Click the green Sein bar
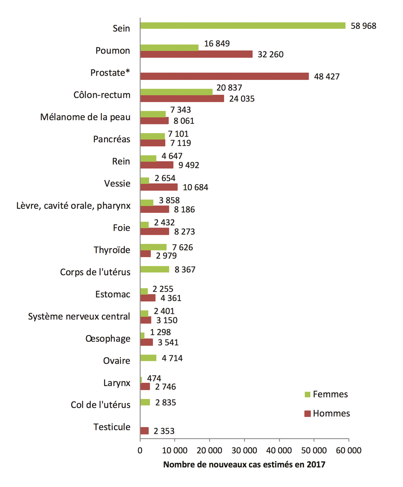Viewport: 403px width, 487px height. (x=243, y=25)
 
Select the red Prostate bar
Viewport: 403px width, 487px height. (x=225, y=76)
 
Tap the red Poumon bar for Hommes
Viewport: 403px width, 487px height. (x=196, y=54)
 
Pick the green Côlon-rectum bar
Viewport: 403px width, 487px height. (x=176, y=92)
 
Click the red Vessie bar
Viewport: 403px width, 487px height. (x=159, y=187)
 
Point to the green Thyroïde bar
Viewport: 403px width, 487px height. (x=153, y=247)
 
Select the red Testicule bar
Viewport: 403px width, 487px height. (x=145, y=431)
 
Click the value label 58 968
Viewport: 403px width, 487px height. (x=363, y=26)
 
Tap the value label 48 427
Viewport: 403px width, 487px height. (x=327, y=76)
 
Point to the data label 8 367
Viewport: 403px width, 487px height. (x=185, y=270)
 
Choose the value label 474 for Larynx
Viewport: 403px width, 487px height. (x=154, y=379)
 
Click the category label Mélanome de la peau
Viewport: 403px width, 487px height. (x=85, y=117)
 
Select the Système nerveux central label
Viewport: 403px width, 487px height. (x=79, y=317)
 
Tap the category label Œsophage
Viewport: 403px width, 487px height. (x=108, y=339)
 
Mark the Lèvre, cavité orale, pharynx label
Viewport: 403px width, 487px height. (x=73, y=206)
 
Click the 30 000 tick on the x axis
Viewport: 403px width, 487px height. (x=244, y=451)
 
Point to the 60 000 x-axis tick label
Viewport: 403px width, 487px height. (x=349, y=451)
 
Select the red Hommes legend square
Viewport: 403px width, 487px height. (x=308, y=414)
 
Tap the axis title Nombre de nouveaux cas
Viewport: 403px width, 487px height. (x=244, y=465)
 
